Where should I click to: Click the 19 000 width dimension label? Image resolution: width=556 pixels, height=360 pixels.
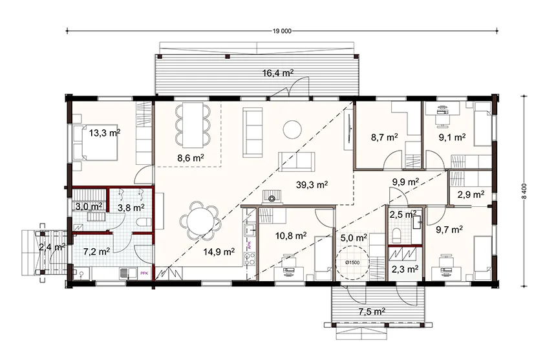pos(282,31)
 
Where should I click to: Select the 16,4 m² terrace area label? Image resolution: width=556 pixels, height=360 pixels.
pos(278,73)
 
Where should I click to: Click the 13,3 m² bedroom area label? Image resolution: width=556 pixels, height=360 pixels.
pos(105,133)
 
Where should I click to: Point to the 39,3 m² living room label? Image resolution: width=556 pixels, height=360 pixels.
pos(312,185)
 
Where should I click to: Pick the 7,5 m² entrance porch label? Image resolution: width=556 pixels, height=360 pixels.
pos(371,312)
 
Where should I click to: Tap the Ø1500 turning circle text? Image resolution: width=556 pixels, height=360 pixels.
pos(352,262)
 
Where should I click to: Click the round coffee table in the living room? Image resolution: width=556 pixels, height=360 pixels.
pos(292,130)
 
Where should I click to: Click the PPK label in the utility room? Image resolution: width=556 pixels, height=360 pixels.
pos(145,273)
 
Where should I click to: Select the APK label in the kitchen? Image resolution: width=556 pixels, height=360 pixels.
pos(250,246)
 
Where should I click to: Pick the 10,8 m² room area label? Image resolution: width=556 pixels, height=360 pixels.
pos(291,235)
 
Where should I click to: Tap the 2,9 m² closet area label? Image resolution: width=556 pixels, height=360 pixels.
pos(471,194)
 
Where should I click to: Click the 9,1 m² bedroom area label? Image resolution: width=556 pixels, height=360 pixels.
pos(452,138)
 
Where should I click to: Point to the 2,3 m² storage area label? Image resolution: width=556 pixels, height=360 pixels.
pos(405,269)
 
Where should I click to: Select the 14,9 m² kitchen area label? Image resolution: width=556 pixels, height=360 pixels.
pos(219,251)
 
